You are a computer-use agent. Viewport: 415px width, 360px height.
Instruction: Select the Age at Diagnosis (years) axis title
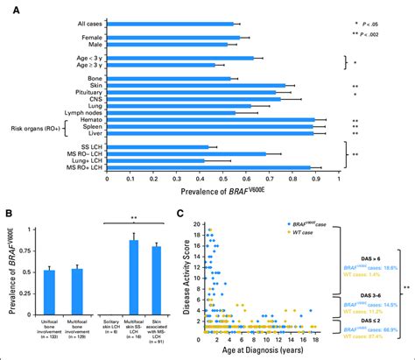(x=261, y=351)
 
